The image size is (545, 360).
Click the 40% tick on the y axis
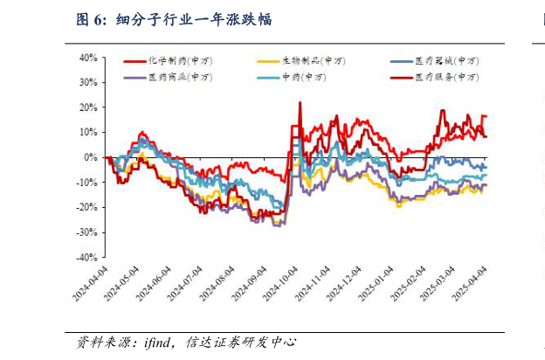(x=89, y=58)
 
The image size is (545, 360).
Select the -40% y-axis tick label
(x=87, y=259)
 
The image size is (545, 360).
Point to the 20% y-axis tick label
(x=89, y=107)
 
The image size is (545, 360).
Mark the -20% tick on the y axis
(x=87, y=208)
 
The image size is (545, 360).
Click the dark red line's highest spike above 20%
(x=300, y=103)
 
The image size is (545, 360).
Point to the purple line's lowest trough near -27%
(x=278, y=225)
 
